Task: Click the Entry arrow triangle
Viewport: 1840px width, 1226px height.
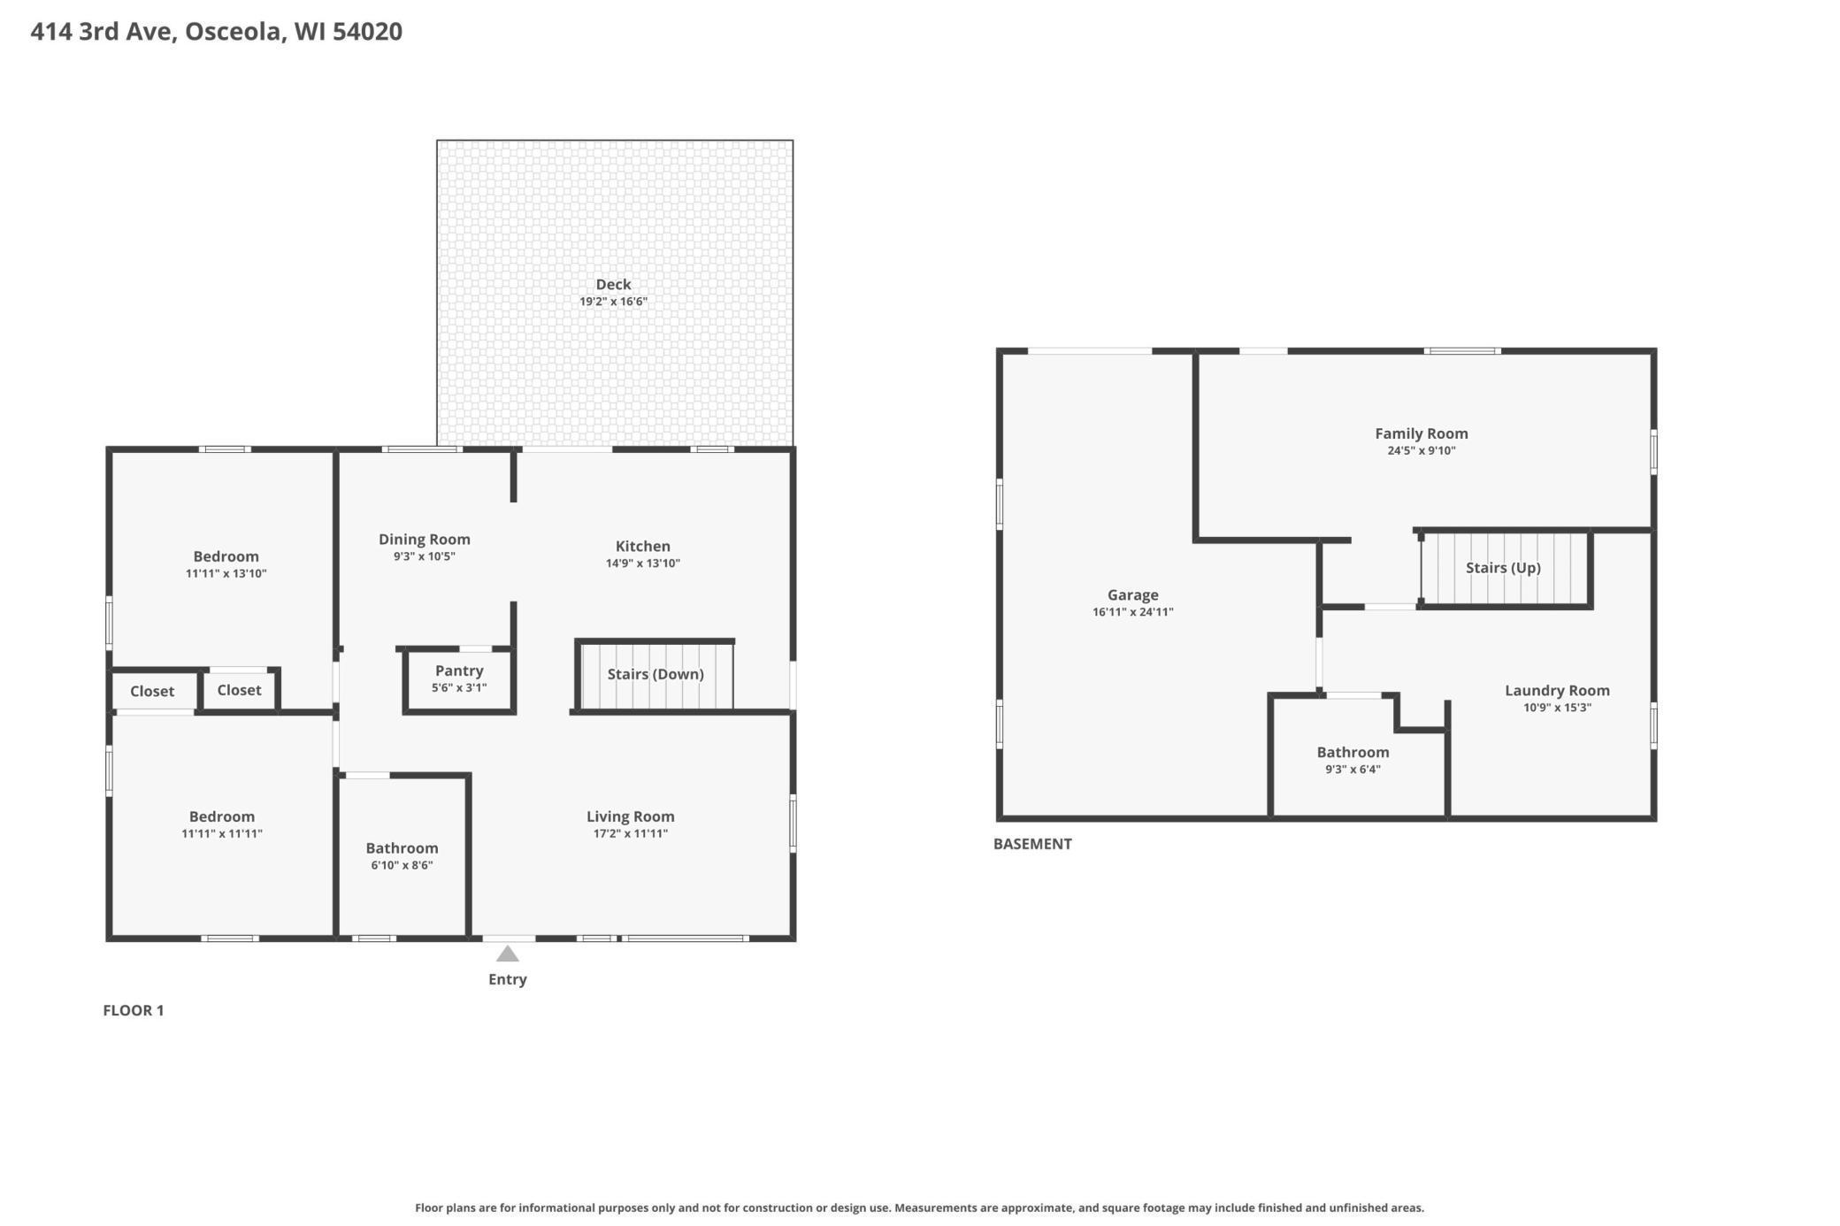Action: point(507,954)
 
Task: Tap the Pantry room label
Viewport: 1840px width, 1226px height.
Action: point(459,670)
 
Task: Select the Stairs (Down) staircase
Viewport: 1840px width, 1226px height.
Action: point(655,675)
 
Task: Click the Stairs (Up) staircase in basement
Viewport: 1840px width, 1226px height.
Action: point(1503,568)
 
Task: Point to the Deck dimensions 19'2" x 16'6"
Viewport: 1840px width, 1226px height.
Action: point(613,302)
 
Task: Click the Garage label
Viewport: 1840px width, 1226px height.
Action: point(1132,595)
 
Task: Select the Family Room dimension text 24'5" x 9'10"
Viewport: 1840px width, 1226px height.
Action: point(1421,450)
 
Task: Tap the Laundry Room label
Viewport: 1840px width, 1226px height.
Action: point(1557,691)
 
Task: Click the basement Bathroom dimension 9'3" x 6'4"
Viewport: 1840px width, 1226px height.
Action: point(1353,770)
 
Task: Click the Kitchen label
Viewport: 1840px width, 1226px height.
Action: point(642,547)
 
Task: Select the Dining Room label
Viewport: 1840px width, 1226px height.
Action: point(424,540)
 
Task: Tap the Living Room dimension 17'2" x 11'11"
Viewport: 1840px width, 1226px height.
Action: point(630,833)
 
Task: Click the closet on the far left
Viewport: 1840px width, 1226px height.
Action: point(152,692)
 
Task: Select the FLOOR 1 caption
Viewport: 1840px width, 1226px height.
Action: point(134,1010)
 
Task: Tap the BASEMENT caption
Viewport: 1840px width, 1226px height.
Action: point(1032,844)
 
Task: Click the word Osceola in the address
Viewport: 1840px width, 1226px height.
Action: point(234,32)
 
